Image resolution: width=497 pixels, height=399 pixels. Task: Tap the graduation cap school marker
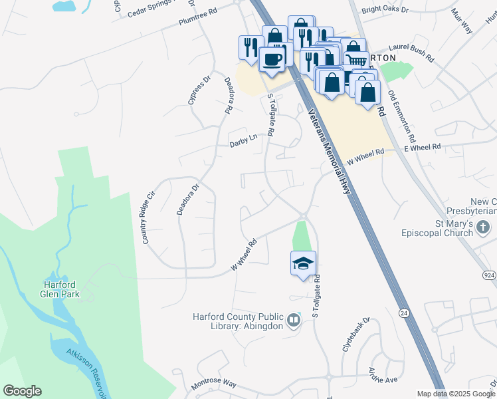pyautogui.click(x=303, y=263)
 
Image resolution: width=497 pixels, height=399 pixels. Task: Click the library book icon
pyautogui.click(x=293, y=322)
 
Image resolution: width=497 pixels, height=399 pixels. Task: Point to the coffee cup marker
pyautogui.click(x=272, y=60)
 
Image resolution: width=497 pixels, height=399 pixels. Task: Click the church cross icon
pyautogui.click(x=483, y=229)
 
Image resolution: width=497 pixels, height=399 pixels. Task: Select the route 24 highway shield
pyautogui.click(x=403, y=312)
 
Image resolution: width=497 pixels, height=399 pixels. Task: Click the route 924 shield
pyautogui.click(x=489, y=275)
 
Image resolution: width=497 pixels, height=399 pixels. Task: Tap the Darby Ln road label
pyautogui.click(x=243, y=140)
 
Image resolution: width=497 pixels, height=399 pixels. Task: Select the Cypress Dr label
pyautogui.click(x=198, y=90)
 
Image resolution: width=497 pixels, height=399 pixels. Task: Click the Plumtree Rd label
pyautogui.click(x=198, y=17)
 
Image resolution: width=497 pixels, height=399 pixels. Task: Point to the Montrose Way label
pyautogui.click(x=214, y=385)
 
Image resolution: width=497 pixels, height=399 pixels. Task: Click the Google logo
pyautogui.click(x=22, y=391)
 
